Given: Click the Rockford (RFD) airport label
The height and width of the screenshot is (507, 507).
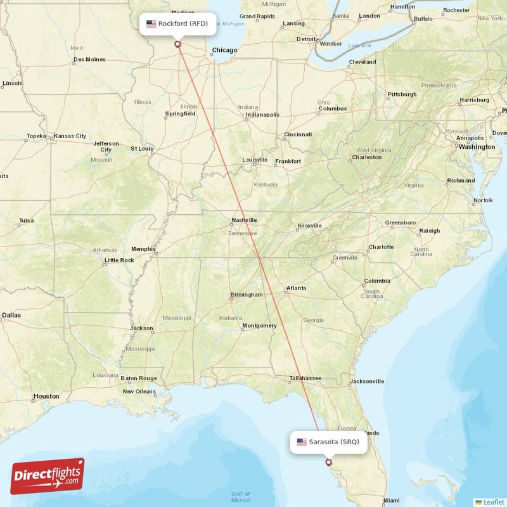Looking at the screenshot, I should point(177,24).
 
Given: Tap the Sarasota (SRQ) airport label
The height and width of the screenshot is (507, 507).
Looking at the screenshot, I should point(328,442).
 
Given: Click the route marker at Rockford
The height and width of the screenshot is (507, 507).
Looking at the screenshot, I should point(177,44).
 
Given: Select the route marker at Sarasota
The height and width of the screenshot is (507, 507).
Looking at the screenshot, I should point(328,462).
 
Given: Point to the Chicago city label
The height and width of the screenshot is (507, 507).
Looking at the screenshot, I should point(224,50).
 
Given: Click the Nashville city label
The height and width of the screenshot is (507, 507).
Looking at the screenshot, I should point(244,220).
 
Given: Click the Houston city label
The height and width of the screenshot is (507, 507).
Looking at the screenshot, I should point(46,396).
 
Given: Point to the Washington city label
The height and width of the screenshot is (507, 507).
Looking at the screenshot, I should point(477,146).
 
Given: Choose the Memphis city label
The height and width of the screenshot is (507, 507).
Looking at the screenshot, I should point(143,249).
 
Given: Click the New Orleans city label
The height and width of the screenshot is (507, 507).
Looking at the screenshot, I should point(139,391).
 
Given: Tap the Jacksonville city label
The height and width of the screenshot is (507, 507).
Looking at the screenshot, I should point(366,382).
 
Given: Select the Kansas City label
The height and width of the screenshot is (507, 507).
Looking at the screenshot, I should point(70,136).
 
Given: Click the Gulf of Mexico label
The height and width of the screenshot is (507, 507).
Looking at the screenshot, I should point(240,497).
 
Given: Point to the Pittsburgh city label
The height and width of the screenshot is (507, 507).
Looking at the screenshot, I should point(402,94).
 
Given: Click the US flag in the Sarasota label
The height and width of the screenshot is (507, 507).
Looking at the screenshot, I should point(302,442).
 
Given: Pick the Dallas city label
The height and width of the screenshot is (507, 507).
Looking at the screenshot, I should point(11,314).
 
